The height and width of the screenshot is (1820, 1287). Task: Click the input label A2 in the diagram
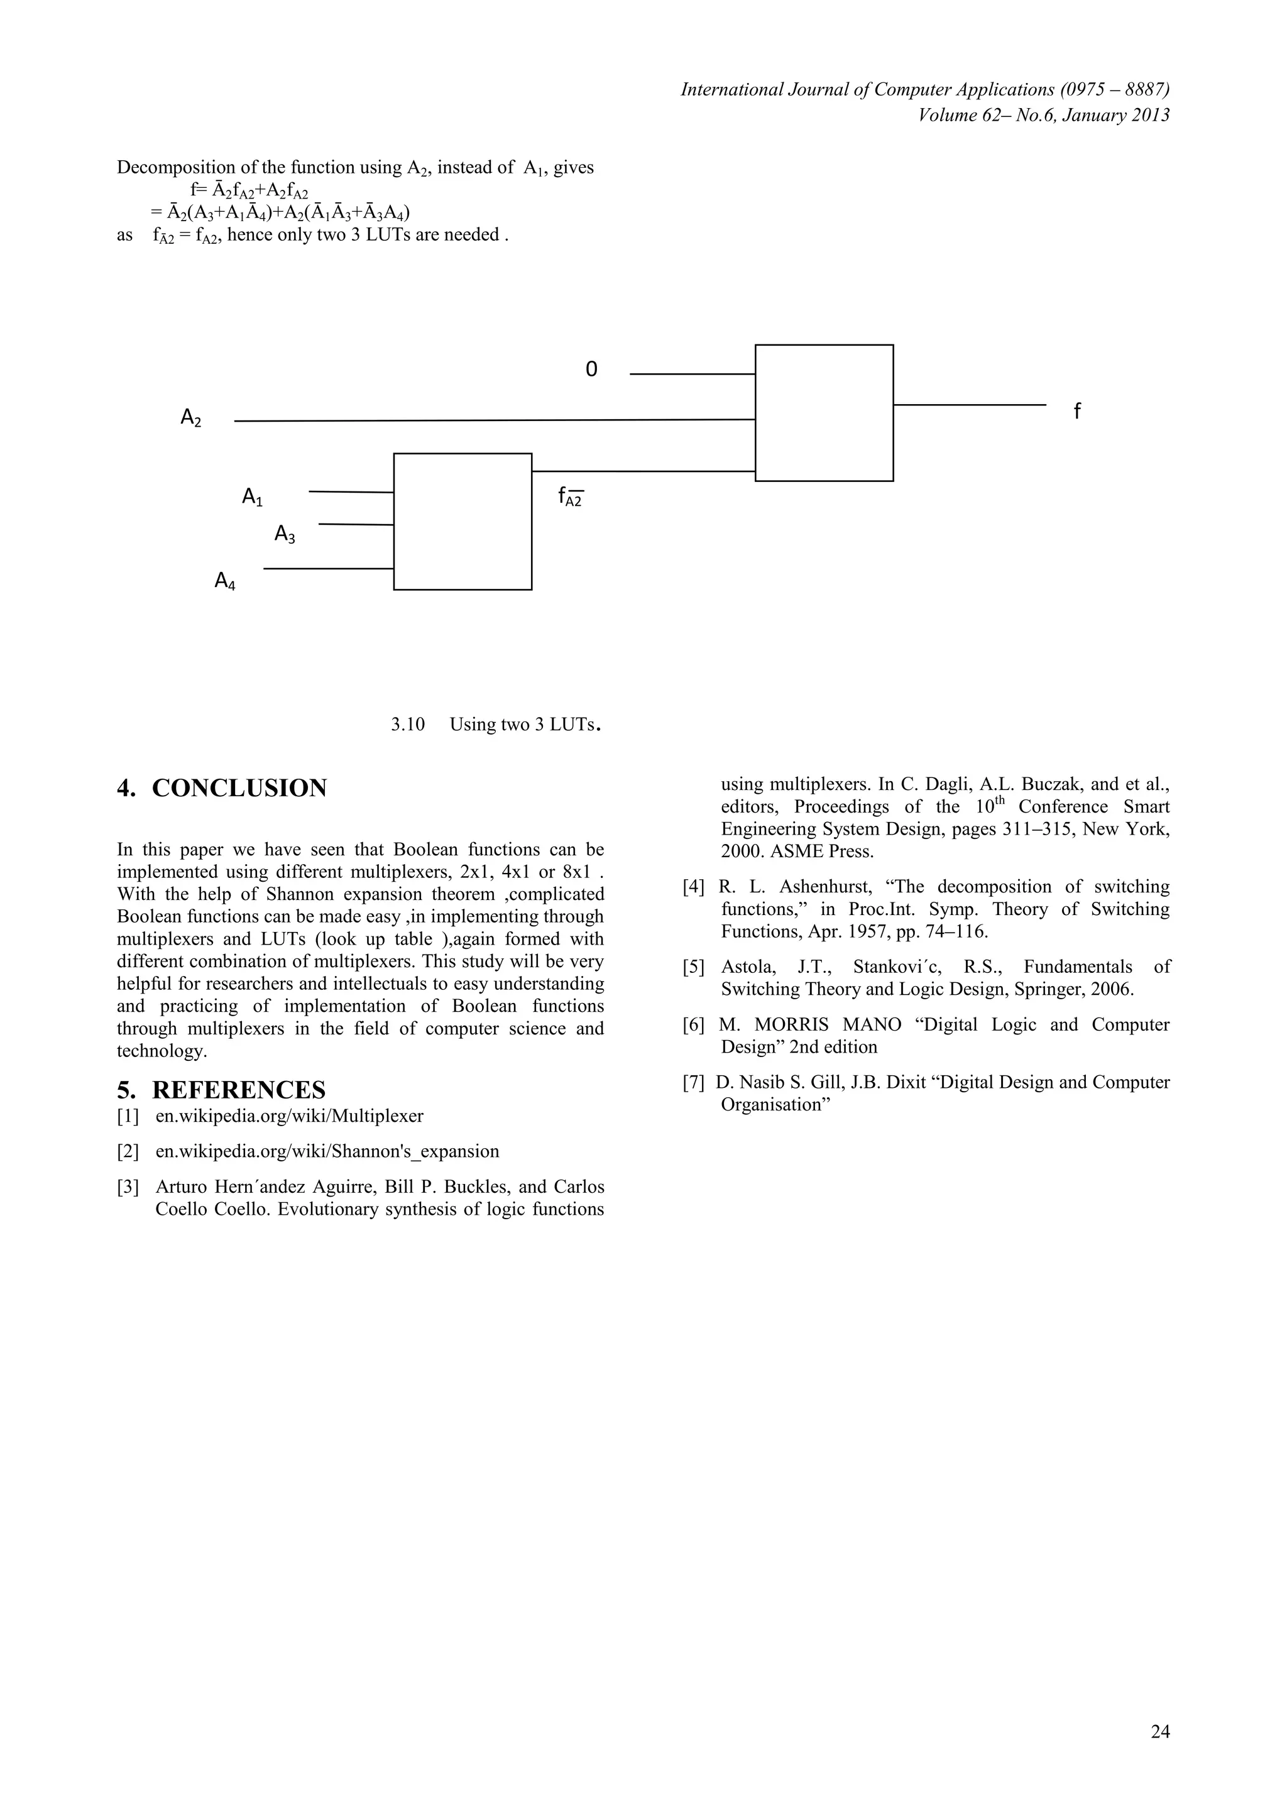[x=191, y=418]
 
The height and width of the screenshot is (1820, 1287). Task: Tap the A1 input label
[x=252, y=498]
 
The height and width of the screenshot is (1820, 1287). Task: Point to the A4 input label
[x=225, y=582]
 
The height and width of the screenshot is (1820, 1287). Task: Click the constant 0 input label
[x=591, y=370]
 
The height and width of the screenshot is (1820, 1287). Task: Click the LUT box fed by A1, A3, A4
[x=462, y=522]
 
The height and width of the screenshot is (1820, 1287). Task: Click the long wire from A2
[x=491, y=421]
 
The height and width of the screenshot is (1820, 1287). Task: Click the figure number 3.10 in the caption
[x=408, y=725]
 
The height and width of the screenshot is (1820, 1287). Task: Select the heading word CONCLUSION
[x=239, y=789]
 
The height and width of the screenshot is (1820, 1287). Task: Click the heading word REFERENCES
[x=239, y=1090]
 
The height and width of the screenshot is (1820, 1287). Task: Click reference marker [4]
[x=693, y=887]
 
